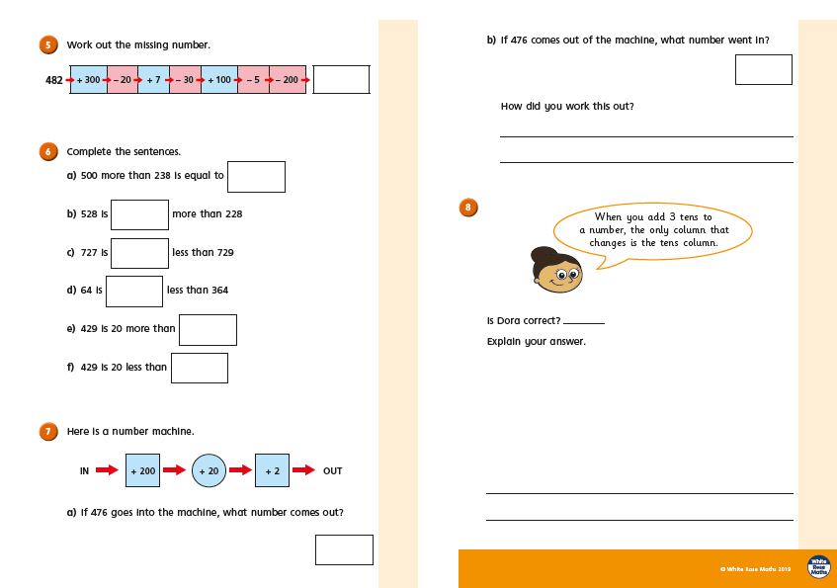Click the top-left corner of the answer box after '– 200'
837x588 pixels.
coord(313,65)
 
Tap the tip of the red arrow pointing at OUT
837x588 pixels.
coord(315,470)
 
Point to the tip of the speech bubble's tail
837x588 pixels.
coord(596,269)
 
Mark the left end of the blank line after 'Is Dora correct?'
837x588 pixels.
coord(563,323)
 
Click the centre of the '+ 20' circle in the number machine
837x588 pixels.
coord(209,470)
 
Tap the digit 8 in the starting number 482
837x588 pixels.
coord(54,80)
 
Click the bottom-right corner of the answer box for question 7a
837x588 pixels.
coord(373,564)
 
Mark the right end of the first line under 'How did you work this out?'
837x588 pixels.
coord(794,136)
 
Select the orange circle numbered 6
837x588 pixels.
coord(48,151)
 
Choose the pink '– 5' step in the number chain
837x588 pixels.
coord(254,80)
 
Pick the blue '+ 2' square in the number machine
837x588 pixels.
coord(272,470)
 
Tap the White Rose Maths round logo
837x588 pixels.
coord(819,567)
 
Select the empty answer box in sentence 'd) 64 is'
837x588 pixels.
coord(134,292)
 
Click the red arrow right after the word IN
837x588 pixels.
coord(107,470)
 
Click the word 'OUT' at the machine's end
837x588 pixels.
coord(333,471)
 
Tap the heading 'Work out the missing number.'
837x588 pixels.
coord(138,44)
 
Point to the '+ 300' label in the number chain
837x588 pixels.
coord(89,80)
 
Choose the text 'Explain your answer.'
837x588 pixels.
coord(536,341)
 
